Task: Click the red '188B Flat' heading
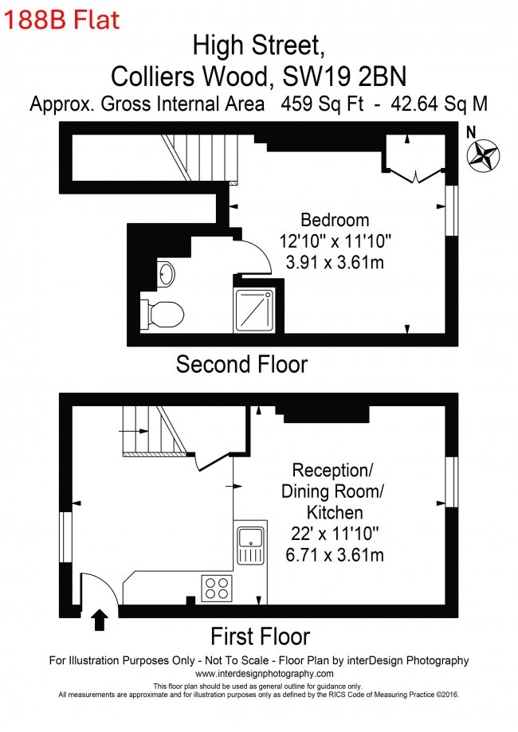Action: coord(61,20)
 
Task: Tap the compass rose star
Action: coord(484,155)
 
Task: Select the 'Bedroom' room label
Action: coord(335,220)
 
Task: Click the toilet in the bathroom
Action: coord(163,314)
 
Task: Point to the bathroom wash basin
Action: coord(165,273)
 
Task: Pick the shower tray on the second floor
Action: coord(253,311)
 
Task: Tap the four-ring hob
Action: coord(217,588)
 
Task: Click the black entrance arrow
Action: coord(99,620)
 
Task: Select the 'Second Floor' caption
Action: coord(241,364)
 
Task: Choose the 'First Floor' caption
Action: coord(260,636)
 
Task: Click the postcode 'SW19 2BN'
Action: coord(345,76)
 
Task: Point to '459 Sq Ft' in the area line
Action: coord(322,104)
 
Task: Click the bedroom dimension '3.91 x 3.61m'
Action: coord(335,262)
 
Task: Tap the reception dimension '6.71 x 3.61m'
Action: coord(335,554)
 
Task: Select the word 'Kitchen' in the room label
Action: coord(335,513)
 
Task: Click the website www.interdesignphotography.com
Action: coord(265,674)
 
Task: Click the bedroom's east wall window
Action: coord(451,210)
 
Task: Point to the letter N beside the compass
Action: coord(471,132)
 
